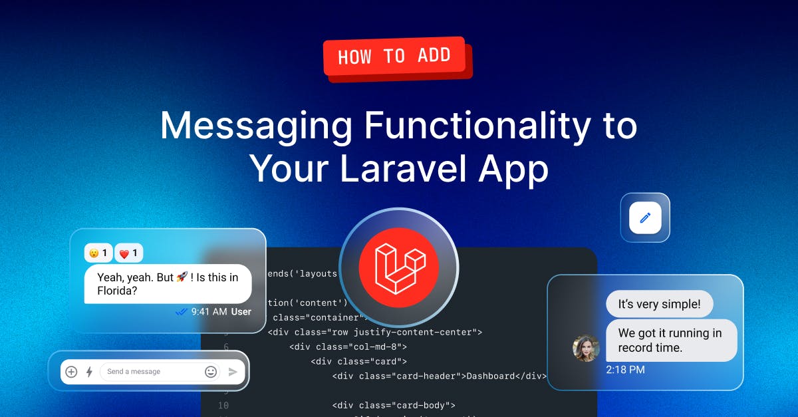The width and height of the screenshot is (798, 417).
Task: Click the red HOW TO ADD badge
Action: pos(395,57)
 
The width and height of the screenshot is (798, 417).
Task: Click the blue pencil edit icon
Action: pos(645,217)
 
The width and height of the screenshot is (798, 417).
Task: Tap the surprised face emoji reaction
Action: pos(95,253)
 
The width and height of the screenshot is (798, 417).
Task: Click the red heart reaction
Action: pos(123,253)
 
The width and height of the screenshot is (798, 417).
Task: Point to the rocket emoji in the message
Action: pos(182,277)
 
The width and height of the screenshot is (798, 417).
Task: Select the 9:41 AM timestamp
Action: pos(209,311)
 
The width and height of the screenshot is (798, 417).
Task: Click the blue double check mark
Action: pos(181,311)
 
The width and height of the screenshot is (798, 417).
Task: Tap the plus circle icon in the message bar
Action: pos(72,372)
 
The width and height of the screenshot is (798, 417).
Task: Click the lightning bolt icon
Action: pos(89,372)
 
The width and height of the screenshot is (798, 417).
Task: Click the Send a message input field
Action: pos(150,372)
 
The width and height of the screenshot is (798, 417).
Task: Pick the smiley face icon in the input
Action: pos(211,372)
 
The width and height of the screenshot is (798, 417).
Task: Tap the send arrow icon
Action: pos(233,372)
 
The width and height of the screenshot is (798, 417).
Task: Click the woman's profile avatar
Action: pos(586,348)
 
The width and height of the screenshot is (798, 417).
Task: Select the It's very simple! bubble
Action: pos(659,305)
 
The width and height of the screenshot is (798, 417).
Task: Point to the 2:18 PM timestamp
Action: pos(625,370)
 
